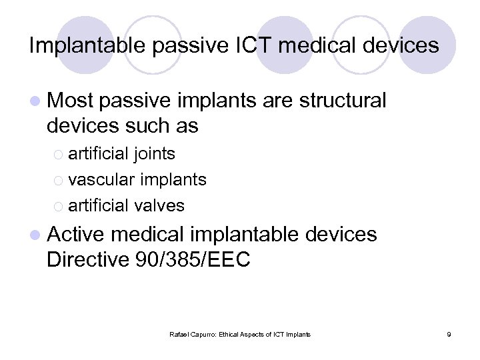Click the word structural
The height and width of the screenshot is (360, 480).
(343, 101)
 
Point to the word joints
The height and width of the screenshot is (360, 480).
(154, 154)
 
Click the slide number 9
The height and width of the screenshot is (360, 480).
(449, 333)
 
